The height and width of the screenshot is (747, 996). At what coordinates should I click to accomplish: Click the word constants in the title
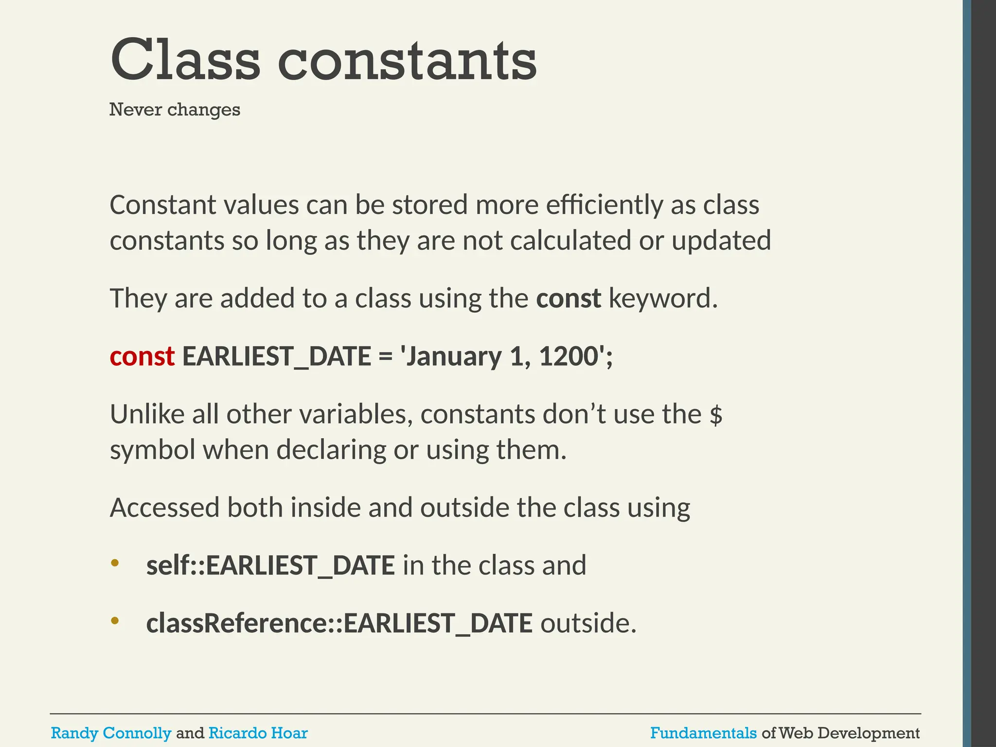pos(408,61)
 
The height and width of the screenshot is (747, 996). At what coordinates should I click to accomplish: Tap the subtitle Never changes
pos(175,110)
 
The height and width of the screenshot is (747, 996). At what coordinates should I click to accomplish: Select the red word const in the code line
pos(142,356)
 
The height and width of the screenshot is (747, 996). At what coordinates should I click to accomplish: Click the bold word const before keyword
pos(568,298)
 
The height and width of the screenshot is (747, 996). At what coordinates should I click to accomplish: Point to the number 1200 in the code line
pos(569,356)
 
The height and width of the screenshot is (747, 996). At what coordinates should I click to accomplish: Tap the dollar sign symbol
pos(715,415)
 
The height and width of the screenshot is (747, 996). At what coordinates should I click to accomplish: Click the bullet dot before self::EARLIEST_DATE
pos(115,563)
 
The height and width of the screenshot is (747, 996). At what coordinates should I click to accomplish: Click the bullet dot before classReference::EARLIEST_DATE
pos(115,621)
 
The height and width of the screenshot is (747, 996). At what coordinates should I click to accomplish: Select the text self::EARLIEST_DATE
pos(270,566)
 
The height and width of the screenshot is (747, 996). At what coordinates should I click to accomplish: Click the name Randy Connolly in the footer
pos(111,732)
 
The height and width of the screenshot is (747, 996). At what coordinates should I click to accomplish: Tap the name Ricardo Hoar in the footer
pos(258,732)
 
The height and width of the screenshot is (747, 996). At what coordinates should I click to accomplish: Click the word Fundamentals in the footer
pos(703,732)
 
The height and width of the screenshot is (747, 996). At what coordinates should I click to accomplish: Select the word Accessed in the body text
pos(164,508)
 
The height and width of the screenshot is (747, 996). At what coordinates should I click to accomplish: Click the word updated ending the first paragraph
pos(721,241)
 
